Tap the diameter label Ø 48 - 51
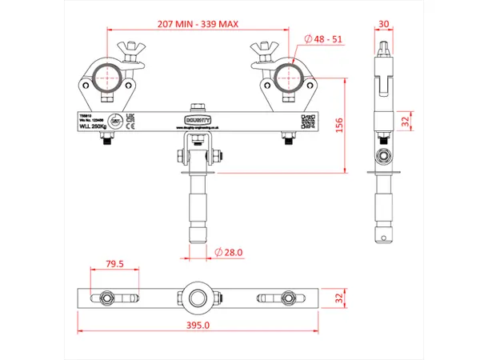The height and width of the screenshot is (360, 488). pyautogui.click(x=324, y=38)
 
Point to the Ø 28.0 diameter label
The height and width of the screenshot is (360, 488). pyautogui.click(x=230, y=253)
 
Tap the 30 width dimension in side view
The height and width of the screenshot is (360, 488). pyautogui.click(x=386, y=23)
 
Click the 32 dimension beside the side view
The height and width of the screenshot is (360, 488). pyautogui.click(x=405, y=121)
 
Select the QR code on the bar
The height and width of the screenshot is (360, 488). pyautogui.click(x=306, y=121)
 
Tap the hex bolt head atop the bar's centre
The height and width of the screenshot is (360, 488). pyautogui.click(x=196, y=106)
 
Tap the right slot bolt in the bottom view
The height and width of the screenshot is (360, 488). pyautogui.click(x=287, y=298)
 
